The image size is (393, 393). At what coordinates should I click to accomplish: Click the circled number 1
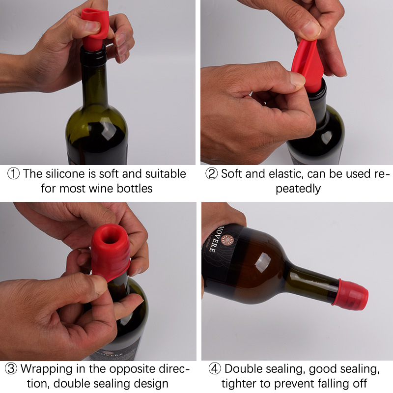[x=13, y=174]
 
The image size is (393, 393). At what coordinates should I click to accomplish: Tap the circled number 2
[x=212, y=173]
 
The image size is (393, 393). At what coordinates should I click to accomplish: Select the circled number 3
[x=11, y=369]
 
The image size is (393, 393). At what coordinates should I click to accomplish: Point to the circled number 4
[x=215, y=369]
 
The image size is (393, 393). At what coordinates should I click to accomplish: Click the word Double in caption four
[x=243, y=369]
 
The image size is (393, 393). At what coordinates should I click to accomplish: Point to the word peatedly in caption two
[x=298, y=189]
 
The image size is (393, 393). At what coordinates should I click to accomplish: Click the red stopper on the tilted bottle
[x=350, y=294]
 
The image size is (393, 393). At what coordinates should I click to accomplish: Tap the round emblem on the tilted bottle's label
[x=227, y=240]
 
